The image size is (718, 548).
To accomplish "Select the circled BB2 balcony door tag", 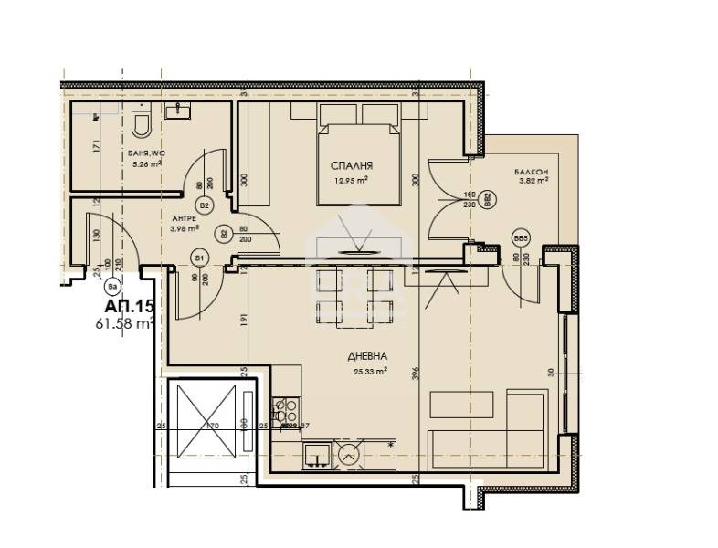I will tap(487, 197).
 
